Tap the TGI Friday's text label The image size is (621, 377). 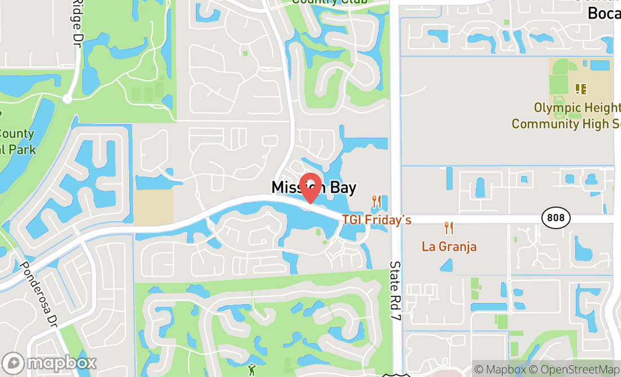pos(377,220)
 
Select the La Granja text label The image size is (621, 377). pos(449,247)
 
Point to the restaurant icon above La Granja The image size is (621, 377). pos(449,228)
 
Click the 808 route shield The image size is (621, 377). pos(556,217)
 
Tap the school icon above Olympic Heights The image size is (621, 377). pos(581,89)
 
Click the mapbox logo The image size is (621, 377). pos(49,362)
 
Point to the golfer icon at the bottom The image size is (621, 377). pos(252,370)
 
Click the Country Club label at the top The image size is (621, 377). pos(330,2)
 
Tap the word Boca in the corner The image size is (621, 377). pos(604,13)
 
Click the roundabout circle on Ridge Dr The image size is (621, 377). pos(68,99)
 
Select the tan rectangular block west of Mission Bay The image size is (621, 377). pos(154,206)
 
